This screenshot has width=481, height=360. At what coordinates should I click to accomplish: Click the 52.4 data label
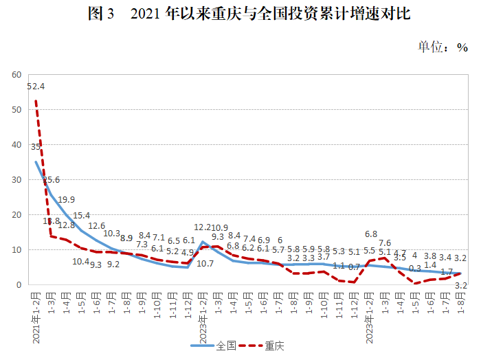(x=36, y=87)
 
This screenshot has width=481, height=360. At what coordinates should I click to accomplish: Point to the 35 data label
(x=36, y=146)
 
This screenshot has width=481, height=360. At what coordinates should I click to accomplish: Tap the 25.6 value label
(x=51, y=180)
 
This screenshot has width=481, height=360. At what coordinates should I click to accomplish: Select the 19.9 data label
(x=66, y=200)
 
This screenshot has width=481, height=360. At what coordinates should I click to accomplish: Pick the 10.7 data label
(x=205, y=263)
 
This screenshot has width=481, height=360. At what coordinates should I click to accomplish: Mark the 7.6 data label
(x=384, y=243)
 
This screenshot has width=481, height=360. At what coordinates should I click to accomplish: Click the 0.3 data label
(x=415, y=269)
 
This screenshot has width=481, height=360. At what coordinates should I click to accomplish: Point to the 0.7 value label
(x=354, y=266)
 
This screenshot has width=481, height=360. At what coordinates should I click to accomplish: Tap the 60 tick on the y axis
(x=16, y=74)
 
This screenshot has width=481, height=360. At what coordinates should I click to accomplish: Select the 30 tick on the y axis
(x=16, y=179)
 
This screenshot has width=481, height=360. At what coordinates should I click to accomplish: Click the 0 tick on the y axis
(x=19, y=284)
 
